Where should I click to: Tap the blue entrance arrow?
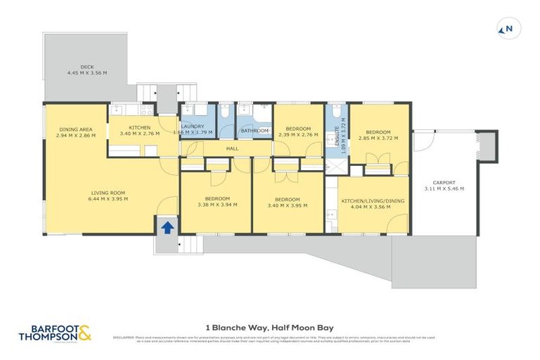[167, 227]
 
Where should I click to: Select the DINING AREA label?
[76, 129]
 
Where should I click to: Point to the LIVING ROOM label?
[108, 193]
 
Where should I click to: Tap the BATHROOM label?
[255, 131]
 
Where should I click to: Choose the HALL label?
[231, 148]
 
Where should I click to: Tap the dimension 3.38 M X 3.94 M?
[217, 205]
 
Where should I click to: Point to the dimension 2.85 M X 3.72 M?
[378, 138]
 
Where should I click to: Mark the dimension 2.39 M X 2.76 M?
[298, 134]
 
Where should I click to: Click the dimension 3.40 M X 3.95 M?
[288, 205]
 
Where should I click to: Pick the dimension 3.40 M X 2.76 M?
[141, 132]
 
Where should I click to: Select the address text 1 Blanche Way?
[232, 327]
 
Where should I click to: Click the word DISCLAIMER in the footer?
[124, 337]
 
